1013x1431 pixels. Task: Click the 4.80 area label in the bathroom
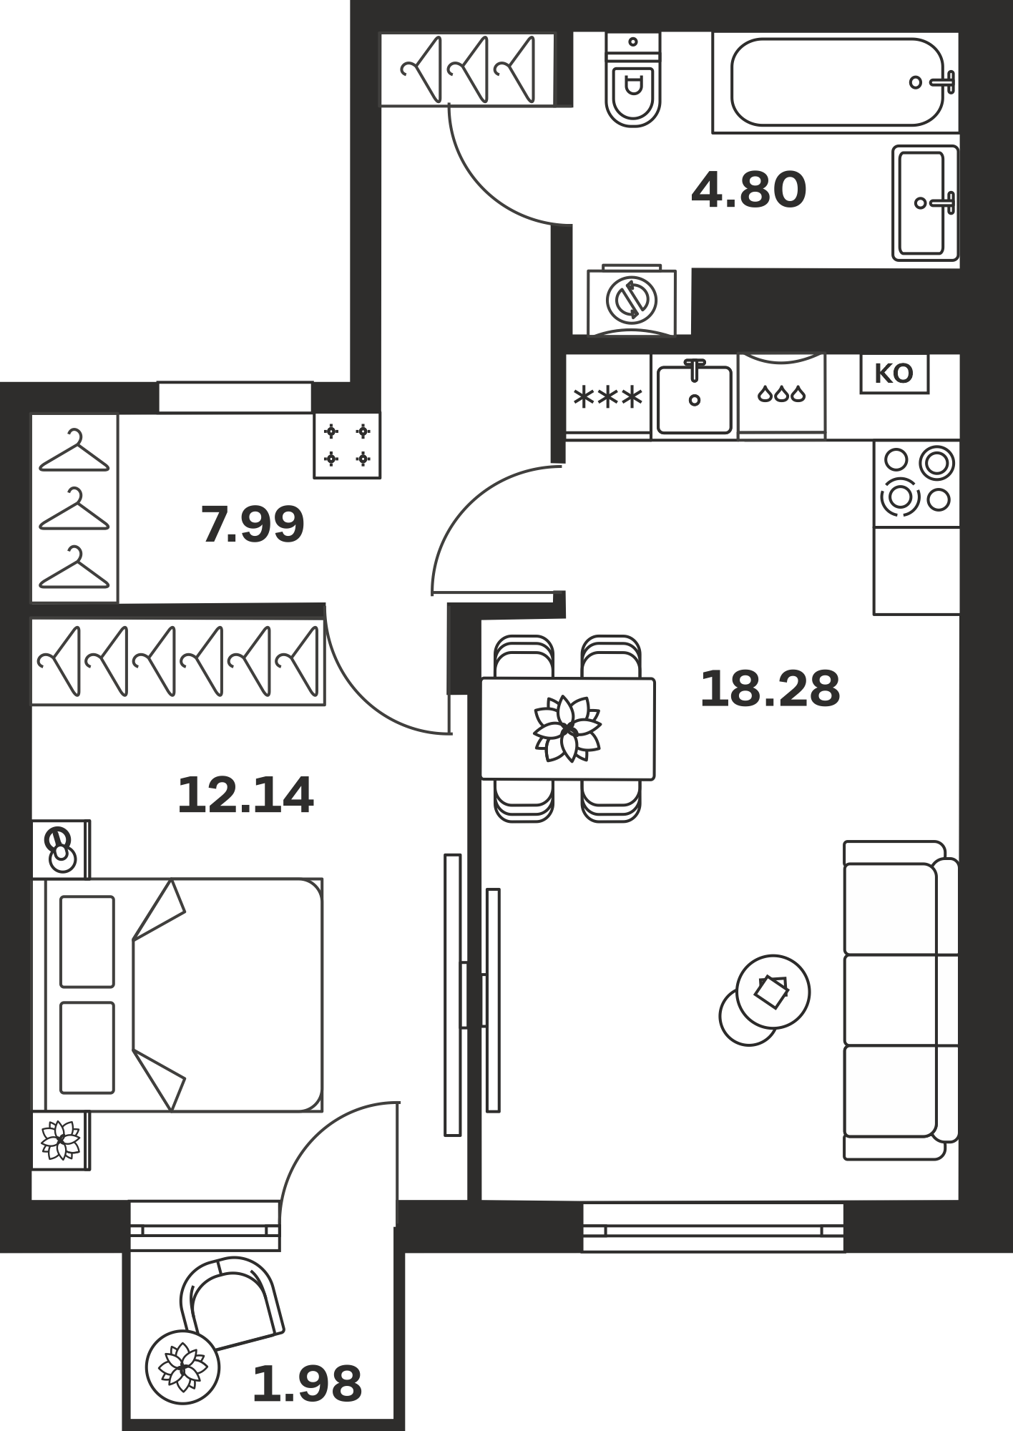(x=748, y=190)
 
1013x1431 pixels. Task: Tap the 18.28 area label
(x=770, y=689)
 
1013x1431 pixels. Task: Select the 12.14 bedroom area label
(x=245, y=796)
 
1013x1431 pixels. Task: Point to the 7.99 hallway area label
(x=253, y=524)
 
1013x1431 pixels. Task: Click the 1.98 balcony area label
(x=307, y=1384)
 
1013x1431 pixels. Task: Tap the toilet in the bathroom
(x=632, y=79)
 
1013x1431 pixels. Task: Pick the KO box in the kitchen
(x=894, y=373)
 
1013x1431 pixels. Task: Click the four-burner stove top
(x=916, y=484)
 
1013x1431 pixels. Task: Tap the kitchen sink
(x=695, y=396)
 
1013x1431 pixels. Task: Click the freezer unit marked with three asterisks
(x=608, y=396)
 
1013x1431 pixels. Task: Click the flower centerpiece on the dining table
(x=567, y=728)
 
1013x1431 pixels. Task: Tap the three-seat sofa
(x=901, y=1000)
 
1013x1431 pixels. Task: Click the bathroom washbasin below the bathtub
(x=925, y=203)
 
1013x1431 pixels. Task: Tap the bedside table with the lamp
(x=62, y=849)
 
